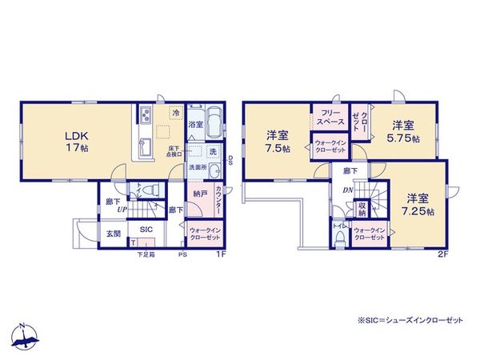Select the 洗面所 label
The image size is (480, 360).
pos(198,167)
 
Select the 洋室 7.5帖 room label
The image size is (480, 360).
pos(278,142)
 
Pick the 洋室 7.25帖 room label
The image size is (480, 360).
pos(417,204)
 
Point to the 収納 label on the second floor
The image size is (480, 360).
pos(362,210)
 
